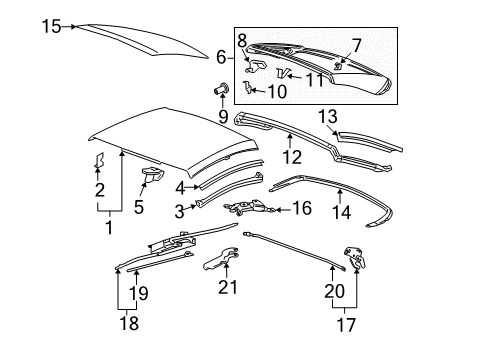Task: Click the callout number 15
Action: (51, 26)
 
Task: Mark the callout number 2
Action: (99, 191)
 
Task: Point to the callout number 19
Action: (141, 293)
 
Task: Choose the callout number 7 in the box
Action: (356, 45)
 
